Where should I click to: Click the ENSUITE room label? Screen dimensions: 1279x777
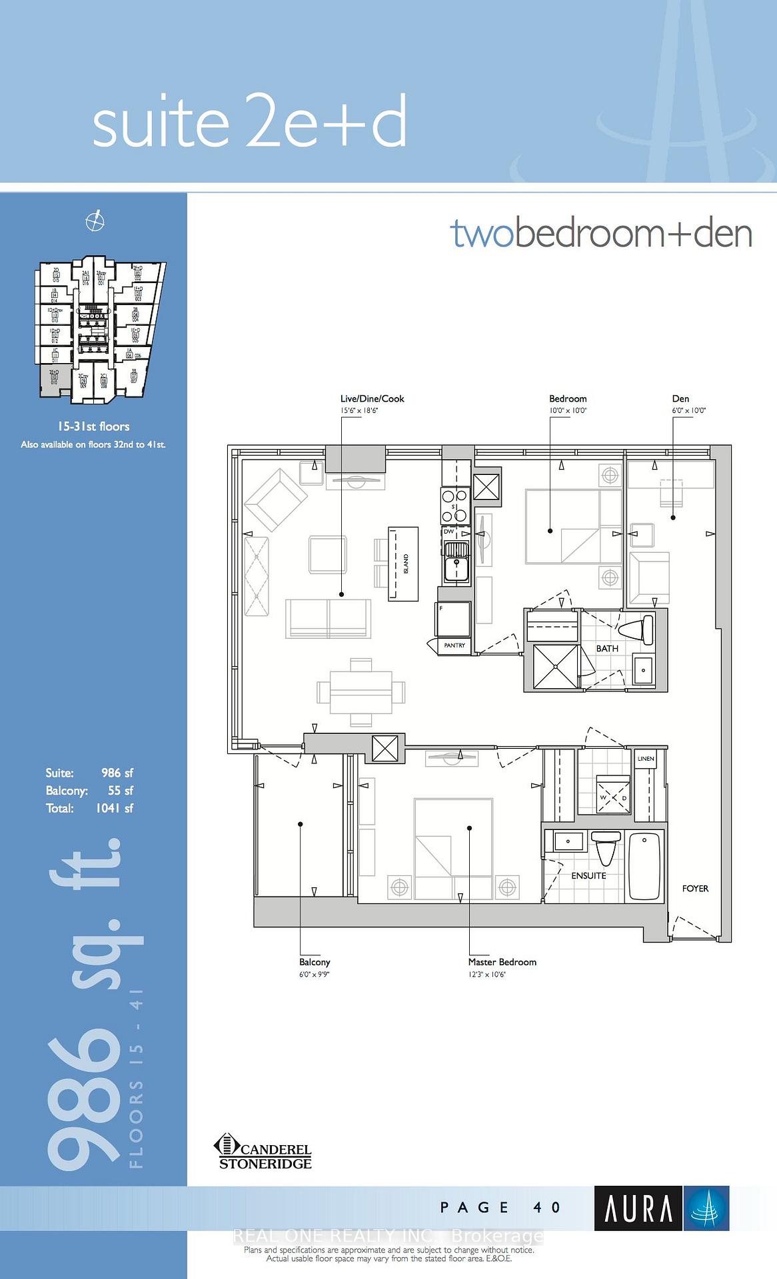588,875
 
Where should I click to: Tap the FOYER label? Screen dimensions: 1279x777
695,889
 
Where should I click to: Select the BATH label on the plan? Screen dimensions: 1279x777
607,648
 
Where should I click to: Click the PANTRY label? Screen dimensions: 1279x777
454,645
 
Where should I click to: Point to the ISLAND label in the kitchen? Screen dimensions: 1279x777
406,564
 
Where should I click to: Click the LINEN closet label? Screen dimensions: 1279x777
646,759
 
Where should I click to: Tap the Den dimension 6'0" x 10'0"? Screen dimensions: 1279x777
688,411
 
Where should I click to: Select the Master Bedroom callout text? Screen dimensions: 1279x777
502,962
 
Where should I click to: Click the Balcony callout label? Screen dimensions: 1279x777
315,962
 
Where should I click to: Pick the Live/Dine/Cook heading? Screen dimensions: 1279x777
372,398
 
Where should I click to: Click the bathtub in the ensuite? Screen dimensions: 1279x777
644,865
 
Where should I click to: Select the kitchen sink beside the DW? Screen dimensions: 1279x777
456,560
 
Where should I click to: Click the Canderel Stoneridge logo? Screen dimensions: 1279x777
263,1152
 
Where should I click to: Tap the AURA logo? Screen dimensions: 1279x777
661,1208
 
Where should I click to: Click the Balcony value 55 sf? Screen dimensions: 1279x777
120,791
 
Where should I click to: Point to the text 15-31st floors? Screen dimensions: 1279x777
93,426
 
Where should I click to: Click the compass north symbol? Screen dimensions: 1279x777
95,221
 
